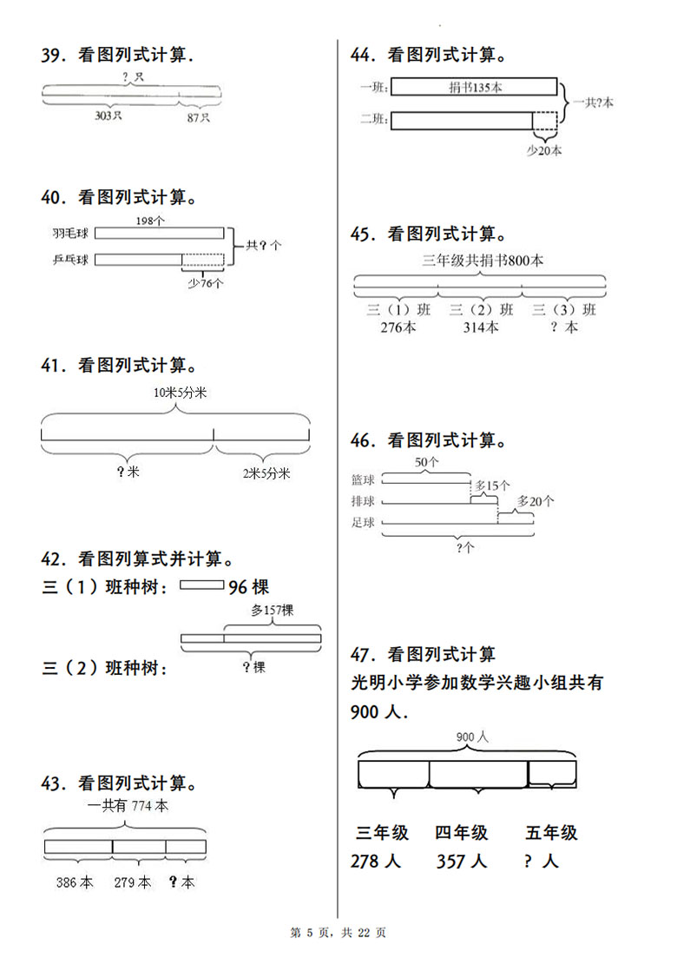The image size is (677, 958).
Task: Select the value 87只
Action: pos(199,116)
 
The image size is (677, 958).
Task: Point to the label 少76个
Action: pos(205,282)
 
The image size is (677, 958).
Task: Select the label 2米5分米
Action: pos(266,473)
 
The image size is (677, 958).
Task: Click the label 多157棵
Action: pos(272,611)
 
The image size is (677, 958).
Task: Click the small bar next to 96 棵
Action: pos(201,586)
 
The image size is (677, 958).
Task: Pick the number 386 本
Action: pos(75,882)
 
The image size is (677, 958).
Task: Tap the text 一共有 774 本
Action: pos(128,805)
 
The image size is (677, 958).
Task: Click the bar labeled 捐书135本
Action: pos(473,86)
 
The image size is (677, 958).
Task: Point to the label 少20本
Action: pos(544,149)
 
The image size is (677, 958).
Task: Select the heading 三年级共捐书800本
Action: pos(483,260)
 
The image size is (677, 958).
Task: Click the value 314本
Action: pos(480,327)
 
